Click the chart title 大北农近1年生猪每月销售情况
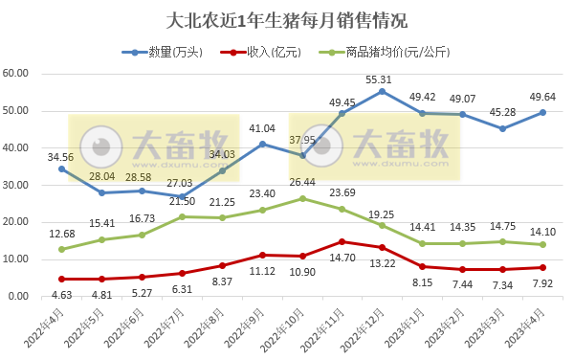(x=286, y=19)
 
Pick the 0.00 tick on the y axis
(x=21, y=297)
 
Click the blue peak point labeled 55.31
(x=383, y=91)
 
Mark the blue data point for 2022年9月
(x=262, y=144)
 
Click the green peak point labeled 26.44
(x=302, y=198)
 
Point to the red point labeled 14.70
(x=342, y=241)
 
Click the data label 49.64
(x=543, y=97)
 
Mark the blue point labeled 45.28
(x=503, y=128)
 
